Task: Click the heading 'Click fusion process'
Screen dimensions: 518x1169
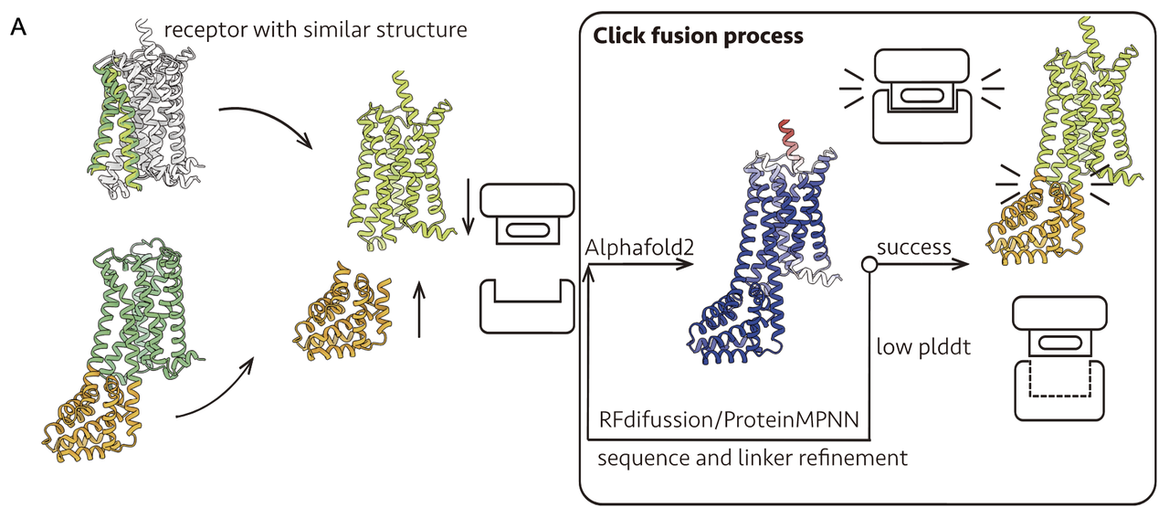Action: click(x=699, y=37)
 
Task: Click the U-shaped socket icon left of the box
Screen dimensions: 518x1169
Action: click(x=527, y=306)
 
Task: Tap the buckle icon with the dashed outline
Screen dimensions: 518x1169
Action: click(x=1059, y=361)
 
